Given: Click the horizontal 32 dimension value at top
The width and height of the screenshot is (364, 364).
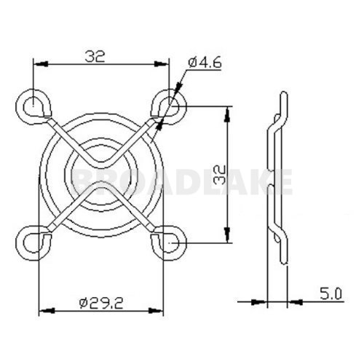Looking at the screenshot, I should tap(95, 55).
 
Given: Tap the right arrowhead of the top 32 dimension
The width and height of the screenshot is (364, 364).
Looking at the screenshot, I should tap(163, 65).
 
